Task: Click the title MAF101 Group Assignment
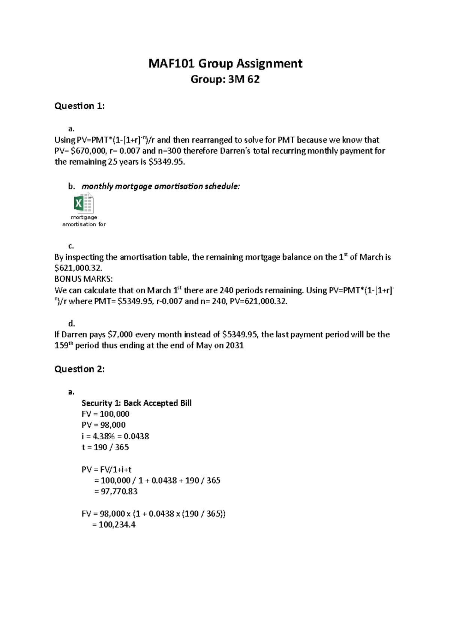(x=225, y=63)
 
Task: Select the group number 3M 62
(x=243, y=80)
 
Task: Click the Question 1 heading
(x=79, y=106)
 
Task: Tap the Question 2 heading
(x=79, y=369)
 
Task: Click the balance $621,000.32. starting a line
(x=78, y=268)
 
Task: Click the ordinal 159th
(x=63, y=346)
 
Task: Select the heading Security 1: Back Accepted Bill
(x=136, y=403)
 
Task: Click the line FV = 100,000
(x=105, y=414)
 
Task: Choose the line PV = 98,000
(x=103, y=425)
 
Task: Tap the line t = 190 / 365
(x=105, y=447)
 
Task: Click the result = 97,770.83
(x=116, y=491)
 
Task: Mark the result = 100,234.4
(x=114, y=525)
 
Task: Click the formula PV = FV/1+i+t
(x=106, y=470)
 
